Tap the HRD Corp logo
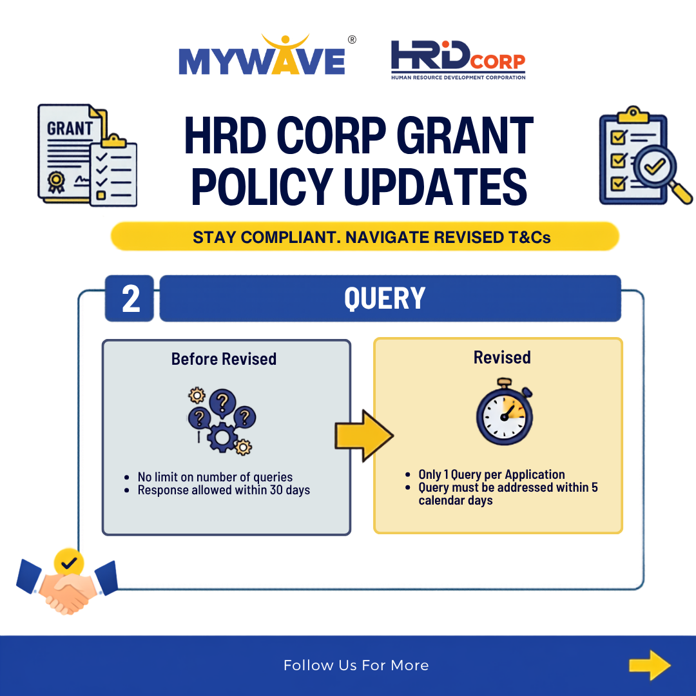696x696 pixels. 458,60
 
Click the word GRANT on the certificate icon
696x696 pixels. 70,128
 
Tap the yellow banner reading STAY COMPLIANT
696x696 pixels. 365,237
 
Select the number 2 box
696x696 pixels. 130,298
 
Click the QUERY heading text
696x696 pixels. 384,298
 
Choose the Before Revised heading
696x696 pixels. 224,359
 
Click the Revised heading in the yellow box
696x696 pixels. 502,357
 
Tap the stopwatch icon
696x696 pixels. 505,411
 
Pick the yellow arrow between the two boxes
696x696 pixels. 363,436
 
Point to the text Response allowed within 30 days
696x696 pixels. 224,490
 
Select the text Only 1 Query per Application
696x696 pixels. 491,474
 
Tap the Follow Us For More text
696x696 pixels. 356,665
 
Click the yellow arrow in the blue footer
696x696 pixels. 650,665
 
